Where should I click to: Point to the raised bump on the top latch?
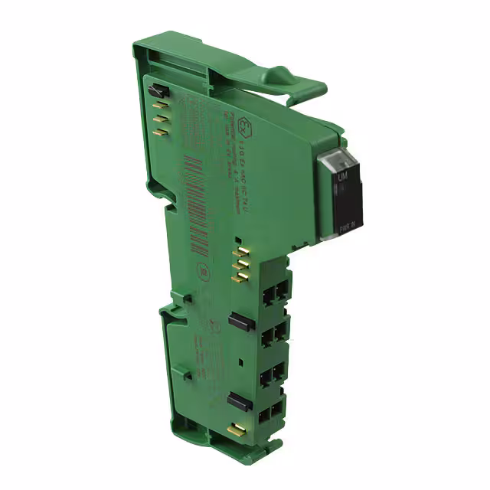[279, 75]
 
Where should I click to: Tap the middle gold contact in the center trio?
[242, 262]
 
